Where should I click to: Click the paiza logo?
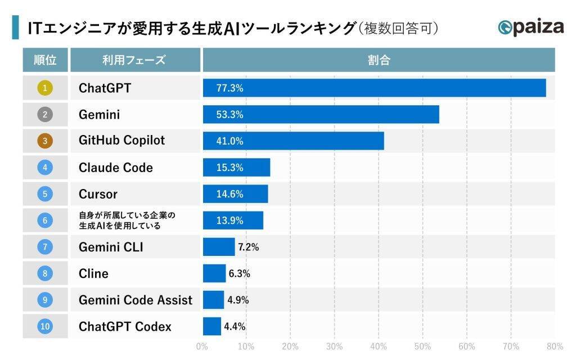[530, 28]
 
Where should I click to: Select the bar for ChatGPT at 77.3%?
[374, 88]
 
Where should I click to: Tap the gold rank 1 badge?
[45, 88]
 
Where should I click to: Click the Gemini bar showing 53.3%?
[321, 115]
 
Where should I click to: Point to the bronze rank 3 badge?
[45, 141]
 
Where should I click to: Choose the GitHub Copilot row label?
[121, 141]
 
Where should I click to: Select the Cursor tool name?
[98, 194]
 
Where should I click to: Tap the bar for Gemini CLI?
[219, 247]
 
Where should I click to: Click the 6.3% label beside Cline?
[239, 273]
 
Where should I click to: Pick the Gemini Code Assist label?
[135, 300]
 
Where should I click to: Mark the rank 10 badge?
[45, 326]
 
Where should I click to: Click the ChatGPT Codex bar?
[212, 326]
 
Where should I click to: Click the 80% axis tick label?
[554, 346]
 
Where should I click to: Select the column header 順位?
[45, 60]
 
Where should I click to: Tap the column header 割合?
[379, 60]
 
